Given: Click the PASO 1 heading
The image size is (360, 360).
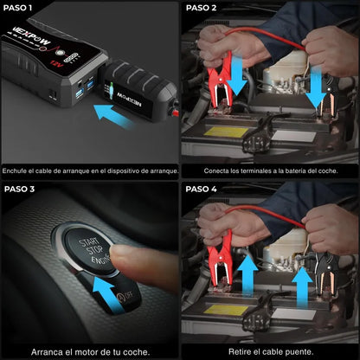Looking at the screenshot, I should pyautogui.click(x=19, y=8).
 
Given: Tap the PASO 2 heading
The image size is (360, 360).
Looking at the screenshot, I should pyautogui.click(x=202, y=8).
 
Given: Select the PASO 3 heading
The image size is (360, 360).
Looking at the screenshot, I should pyautogui.click(x=20, y=189).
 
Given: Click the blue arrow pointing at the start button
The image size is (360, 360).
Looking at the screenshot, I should pyautogui.click(x=104, y=286).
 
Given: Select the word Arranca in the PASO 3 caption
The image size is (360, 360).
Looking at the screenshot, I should pyautogui.click(x=50, y=351).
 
